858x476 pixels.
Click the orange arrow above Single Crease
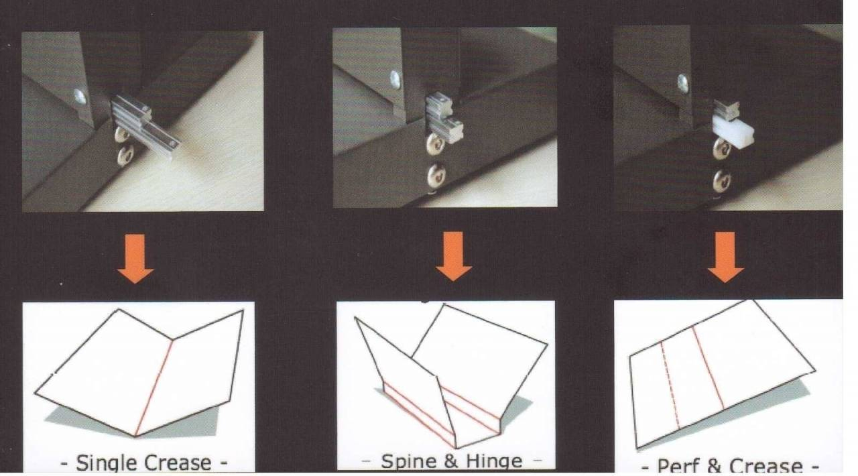coord(135,258)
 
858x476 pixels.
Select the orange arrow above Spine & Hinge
coord(454,256)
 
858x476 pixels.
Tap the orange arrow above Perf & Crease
coord(725,257)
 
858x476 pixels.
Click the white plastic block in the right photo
coord(733,131)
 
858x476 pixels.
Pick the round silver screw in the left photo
coord(80,97)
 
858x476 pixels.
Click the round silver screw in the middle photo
coord(395,80)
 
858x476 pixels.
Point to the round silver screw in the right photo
coord(682,84)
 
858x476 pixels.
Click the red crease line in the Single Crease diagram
coord(154,388)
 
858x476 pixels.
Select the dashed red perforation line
coord(670,385)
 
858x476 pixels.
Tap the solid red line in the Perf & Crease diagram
coord(709,367)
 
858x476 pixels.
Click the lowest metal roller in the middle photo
coord(436,174)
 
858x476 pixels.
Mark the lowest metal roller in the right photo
coord(722,180)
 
